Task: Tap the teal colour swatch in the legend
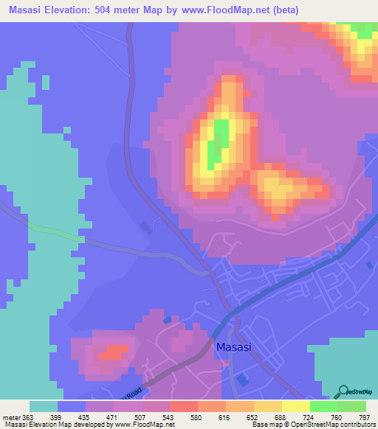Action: pyautogui.click(x=44, y=406)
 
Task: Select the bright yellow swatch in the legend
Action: pyautogui.click(x=296, y=406)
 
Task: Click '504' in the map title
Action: pyautogui.click(x=129, y=10)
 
